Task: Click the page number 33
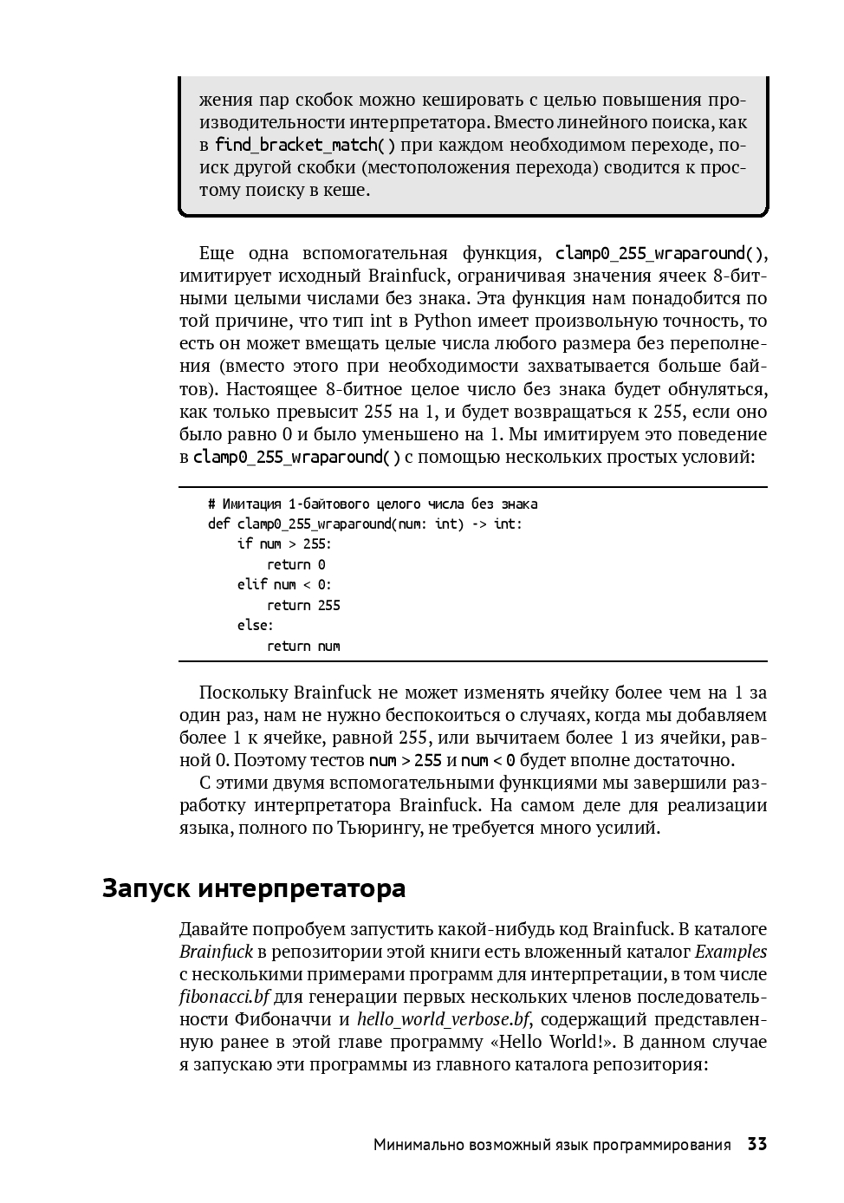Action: [x=756, y=1144]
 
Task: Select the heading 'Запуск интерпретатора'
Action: [x=254, y=888]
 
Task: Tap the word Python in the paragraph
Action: [x=442, y=321]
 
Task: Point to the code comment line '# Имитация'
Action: [x=373, y=504]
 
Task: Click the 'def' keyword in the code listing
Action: [x=218, y=523]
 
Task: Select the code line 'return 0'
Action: [x=296, y=564]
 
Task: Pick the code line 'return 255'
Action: [x=303, y=605]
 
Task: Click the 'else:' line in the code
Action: [x=255, y=625]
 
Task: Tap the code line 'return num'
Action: [x=303, y=646]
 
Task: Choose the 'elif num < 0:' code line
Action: [x=284, y=585]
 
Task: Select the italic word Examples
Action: [x=730, y=951]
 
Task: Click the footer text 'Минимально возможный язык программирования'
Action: [x=552, y=1145]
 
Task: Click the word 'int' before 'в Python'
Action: [x=381, y=321]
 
